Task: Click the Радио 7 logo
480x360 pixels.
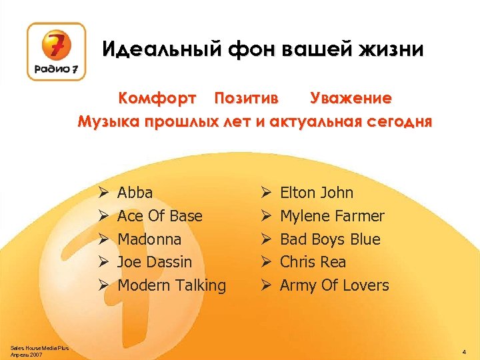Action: point(56,52)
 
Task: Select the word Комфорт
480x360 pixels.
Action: point(157,99)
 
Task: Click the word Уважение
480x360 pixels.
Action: point(351,99)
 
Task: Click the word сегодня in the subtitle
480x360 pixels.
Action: point(397,122)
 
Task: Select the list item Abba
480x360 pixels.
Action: point(135,193)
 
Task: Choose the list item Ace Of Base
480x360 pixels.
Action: point(159,216)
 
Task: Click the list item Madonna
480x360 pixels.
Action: point(149,239)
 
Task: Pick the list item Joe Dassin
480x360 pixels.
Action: point(154,262)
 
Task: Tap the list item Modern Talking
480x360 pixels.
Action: point(171,285)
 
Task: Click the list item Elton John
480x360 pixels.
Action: point(317,193)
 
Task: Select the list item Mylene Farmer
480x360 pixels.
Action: point(332,216)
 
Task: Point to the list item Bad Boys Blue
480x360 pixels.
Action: point(330,239)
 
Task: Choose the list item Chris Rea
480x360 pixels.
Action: point(313,262)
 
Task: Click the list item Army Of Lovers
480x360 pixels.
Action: point(334,285)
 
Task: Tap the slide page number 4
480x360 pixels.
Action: point(463,350)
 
